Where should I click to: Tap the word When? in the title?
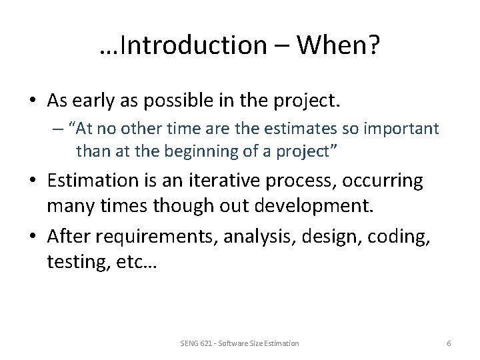(x=339, y=45)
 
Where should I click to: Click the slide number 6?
(x=449, y=343)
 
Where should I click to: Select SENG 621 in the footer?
(x=195, y=343)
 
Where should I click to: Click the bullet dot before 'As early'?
(x=33, y=101)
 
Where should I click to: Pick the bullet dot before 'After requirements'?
(x=33, y=237)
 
